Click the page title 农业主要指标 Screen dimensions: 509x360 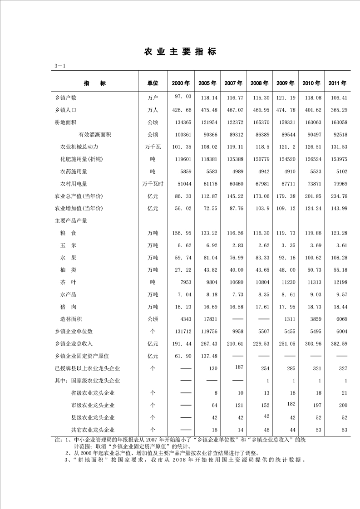[x=180, y=52]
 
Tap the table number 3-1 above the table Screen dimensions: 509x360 [x=60, y=66]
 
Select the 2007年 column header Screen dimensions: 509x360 [x=233, y=83]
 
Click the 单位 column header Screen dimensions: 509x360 [x=153, y=83]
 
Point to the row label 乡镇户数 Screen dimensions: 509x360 [x=65, y=98]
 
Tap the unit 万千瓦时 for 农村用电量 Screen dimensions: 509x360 [x=153, y=184]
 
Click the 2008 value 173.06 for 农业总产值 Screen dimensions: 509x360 [x=260, y=196]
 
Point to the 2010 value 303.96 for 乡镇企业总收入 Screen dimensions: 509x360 [x=311, y=344]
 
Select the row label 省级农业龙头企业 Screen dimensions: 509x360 [x=93, y=393]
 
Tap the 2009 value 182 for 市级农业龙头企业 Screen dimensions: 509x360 [x=286, y=403]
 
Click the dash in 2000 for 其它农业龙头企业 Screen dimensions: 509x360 [x=186, y=430]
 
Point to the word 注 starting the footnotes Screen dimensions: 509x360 [x=57, y=440]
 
